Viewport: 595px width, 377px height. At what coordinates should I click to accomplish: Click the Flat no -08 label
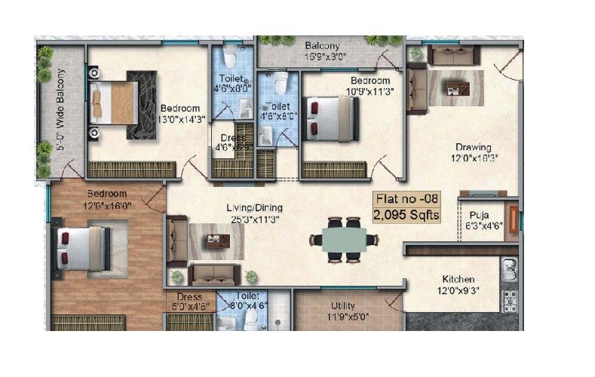(x=406, y=199)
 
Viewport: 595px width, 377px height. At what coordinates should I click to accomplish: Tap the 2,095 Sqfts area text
(x=406, y=215)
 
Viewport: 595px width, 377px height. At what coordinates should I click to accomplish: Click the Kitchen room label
(x=458, y=283)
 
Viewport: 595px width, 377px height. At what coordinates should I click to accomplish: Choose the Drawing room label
(x=473, y=152)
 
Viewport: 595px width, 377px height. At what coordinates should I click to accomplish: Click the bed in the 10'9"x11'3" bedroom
(x=330, y=118)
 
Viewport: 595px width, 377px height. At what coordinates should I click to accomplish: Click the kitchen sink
(x=510, y=268)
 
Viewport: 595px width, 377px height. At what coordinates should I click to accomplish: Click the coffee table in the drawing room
(x=457, y=87)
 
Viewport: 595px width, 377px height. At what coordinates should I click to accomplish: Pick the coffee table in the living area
(x=217, y=242)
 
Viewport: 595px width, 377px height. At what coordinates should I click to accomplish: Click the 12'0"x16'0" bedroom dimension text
(x=108, y=204)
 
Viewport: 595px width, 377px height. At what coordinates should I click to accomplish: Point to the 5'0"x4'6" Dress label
(x=189, y=302)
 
